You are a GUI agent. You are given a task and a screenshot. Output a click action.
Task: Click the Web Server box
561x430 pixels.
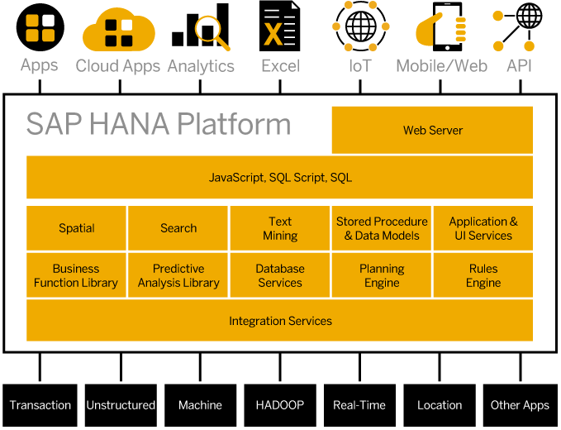[432, 130]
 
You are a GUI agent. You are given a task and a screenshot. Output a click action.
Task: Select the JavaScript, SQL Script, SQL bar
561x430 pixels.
[280, 177]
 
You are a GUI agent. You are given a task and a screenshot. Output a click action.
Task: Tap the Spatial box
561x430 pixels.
[77, 228]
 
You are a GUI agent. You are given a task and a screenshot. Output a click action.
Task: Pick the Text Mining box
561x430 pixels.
[280, 228]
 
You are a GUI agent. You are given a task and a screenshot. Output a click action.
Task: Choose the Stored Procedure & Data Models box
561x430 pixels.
[382, 228]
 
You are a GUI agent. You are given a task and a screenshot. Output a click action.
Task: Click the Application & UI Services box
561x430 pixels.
[483, 228]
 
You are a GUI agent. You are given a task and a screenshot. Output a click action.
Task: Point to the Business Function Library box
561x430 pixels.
[76, 275]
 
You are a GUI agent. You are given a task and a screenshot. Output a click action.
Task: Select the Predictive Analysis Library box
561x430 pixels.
[178, 275]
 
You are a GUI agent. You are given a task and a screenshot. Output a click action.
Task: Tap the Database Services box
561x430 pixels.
[280, 275]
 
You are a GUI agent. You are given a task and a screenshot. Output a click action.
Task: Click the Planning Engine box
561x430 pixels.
[382, 275]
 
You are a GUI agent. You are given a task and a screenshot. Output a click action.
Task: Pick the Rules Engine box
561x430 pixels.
[483, 275]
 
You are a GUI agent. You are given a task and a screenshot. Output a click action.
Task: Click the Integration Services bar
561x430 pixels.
[280, 321]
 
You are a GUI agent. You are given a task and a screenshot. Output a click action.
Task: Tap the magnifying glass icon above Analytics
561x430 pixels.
[212, 32]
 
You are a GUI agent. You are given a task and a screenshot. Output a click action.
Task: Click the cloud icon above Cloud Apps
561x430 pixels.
[119, 31]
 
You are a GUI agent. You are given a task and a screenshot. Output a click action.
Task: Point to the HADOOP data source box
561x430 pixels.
[279, 405]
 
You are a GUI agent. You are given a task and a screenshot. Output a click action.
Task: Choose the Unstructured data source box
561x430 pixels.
[121, 405]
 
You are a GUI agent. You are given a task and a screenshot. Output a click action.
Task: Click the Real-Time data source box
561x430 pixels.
[359, 405]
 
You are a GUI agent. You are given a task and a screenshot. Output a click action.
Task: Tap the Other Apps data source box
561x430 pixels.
[520, 405]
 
